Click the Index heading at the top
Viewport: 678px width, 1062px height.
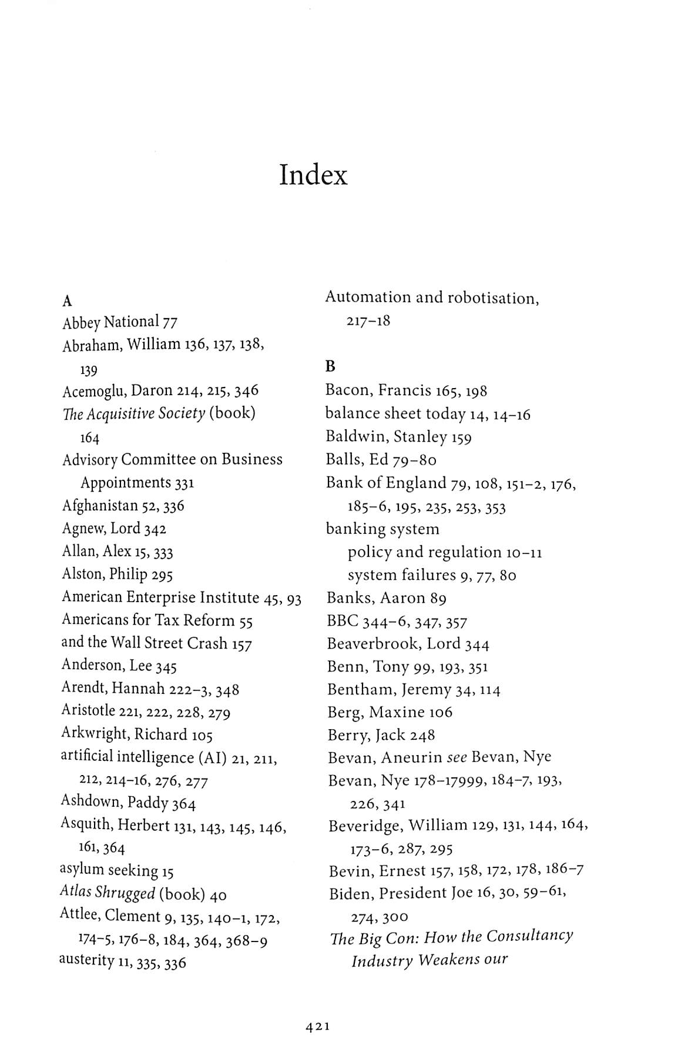313,175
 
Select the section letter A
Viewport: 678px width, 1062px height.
67,302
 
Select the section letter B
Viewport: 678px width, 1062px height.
330,367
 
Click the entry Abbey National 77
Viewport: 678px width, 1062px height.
119,322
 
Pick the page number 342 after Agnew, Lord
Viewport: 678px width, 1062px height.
155,529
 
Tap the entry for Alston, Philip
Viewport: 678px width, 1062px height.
117,574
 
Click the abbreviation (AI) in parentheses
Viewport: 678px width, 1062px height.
212,757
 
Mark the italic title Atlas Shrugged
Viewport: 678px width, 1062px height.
107,893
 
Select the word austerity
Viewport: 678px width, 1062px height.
86,960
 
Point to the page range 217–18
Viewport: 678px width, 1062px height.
368,322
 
